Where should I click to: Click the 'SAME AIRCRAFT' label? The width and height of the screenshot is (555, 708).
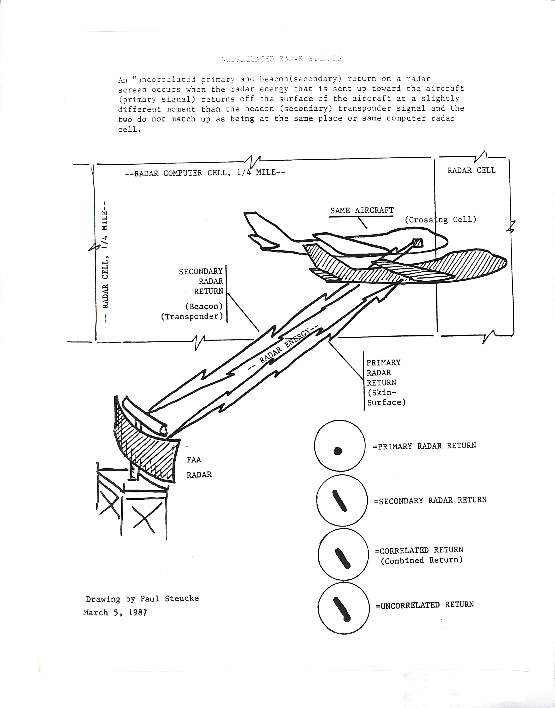coord(362,210)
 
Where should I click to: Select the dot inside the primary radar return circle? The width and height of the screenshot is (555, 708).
coord(338,450)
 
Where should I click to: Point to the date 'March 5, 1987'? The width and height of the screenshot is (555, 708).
coord(115,613)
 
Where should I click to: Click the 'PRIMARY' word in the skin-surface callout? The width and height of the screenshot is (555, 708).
coord(383,362)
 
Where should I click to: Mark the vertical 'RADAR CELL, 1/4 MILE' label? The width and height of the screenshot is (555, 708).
coord(105,260)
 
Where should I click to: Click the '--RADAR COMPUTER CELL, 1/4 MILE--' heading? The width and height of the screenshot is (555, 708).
coord(205,173)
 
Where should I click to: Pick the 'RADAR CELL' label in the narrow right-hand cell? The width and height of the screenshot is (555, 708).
coord(471,170)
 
